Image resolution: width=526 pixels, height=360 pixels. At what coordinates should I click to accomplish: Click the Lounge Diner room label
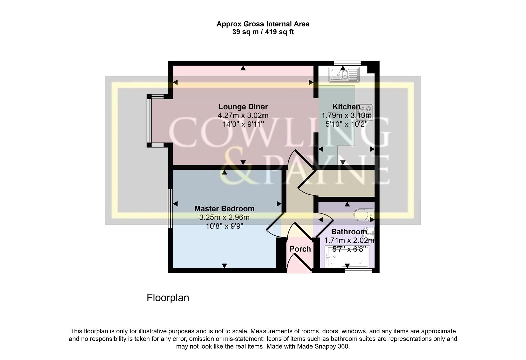pos(243,107)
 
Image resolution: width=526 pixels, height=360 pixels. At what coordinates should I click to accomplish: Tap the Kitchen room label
pos(346,107)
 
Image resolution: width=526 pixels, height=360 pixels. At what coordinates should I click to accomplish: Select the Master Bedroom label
pos(224,209)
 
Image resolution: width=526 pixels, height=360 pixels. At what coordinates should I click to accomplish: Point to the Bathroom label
pos(349,232)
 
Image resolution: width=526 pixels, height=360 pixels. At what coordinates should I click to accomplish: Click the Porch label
pos(300,249)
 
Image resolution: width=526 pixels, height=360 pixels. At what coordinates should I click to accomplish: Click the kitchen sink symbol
pos(344,75)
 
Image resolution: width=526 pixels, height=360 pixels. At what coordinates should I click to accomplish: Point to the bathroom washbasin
pos(369,232)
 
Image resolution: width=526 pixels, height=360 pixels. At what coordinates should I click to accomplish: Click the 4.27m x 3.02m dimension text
pos(243,115)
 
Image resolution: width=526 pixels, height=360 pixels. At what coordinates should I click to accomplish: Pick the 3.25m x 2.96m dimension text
pos(224,217)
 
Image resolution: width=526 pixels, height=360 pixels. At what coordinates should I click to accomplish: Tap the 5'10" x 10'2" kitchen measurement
pos(346,124)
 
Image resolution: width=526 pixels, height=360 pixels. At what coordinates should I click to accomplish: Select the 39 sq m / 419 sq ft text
pos(263,32)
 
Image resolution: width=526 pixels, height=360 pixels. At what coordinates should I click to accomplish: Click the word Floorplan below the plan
pos(168,298)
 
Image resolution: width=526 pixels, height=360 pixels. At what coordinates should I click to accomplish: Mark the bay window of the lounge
pos(149,121)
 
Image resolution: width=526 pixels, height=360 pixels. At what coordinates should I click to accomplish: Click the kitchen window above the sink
pos(347,63)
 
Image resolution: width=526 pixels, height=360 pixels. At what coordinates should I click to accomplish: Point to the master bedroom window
pos(170,208)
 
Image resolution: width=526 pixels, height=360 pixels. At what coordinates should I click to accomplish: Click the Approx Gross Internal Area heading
pos(263,24)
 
